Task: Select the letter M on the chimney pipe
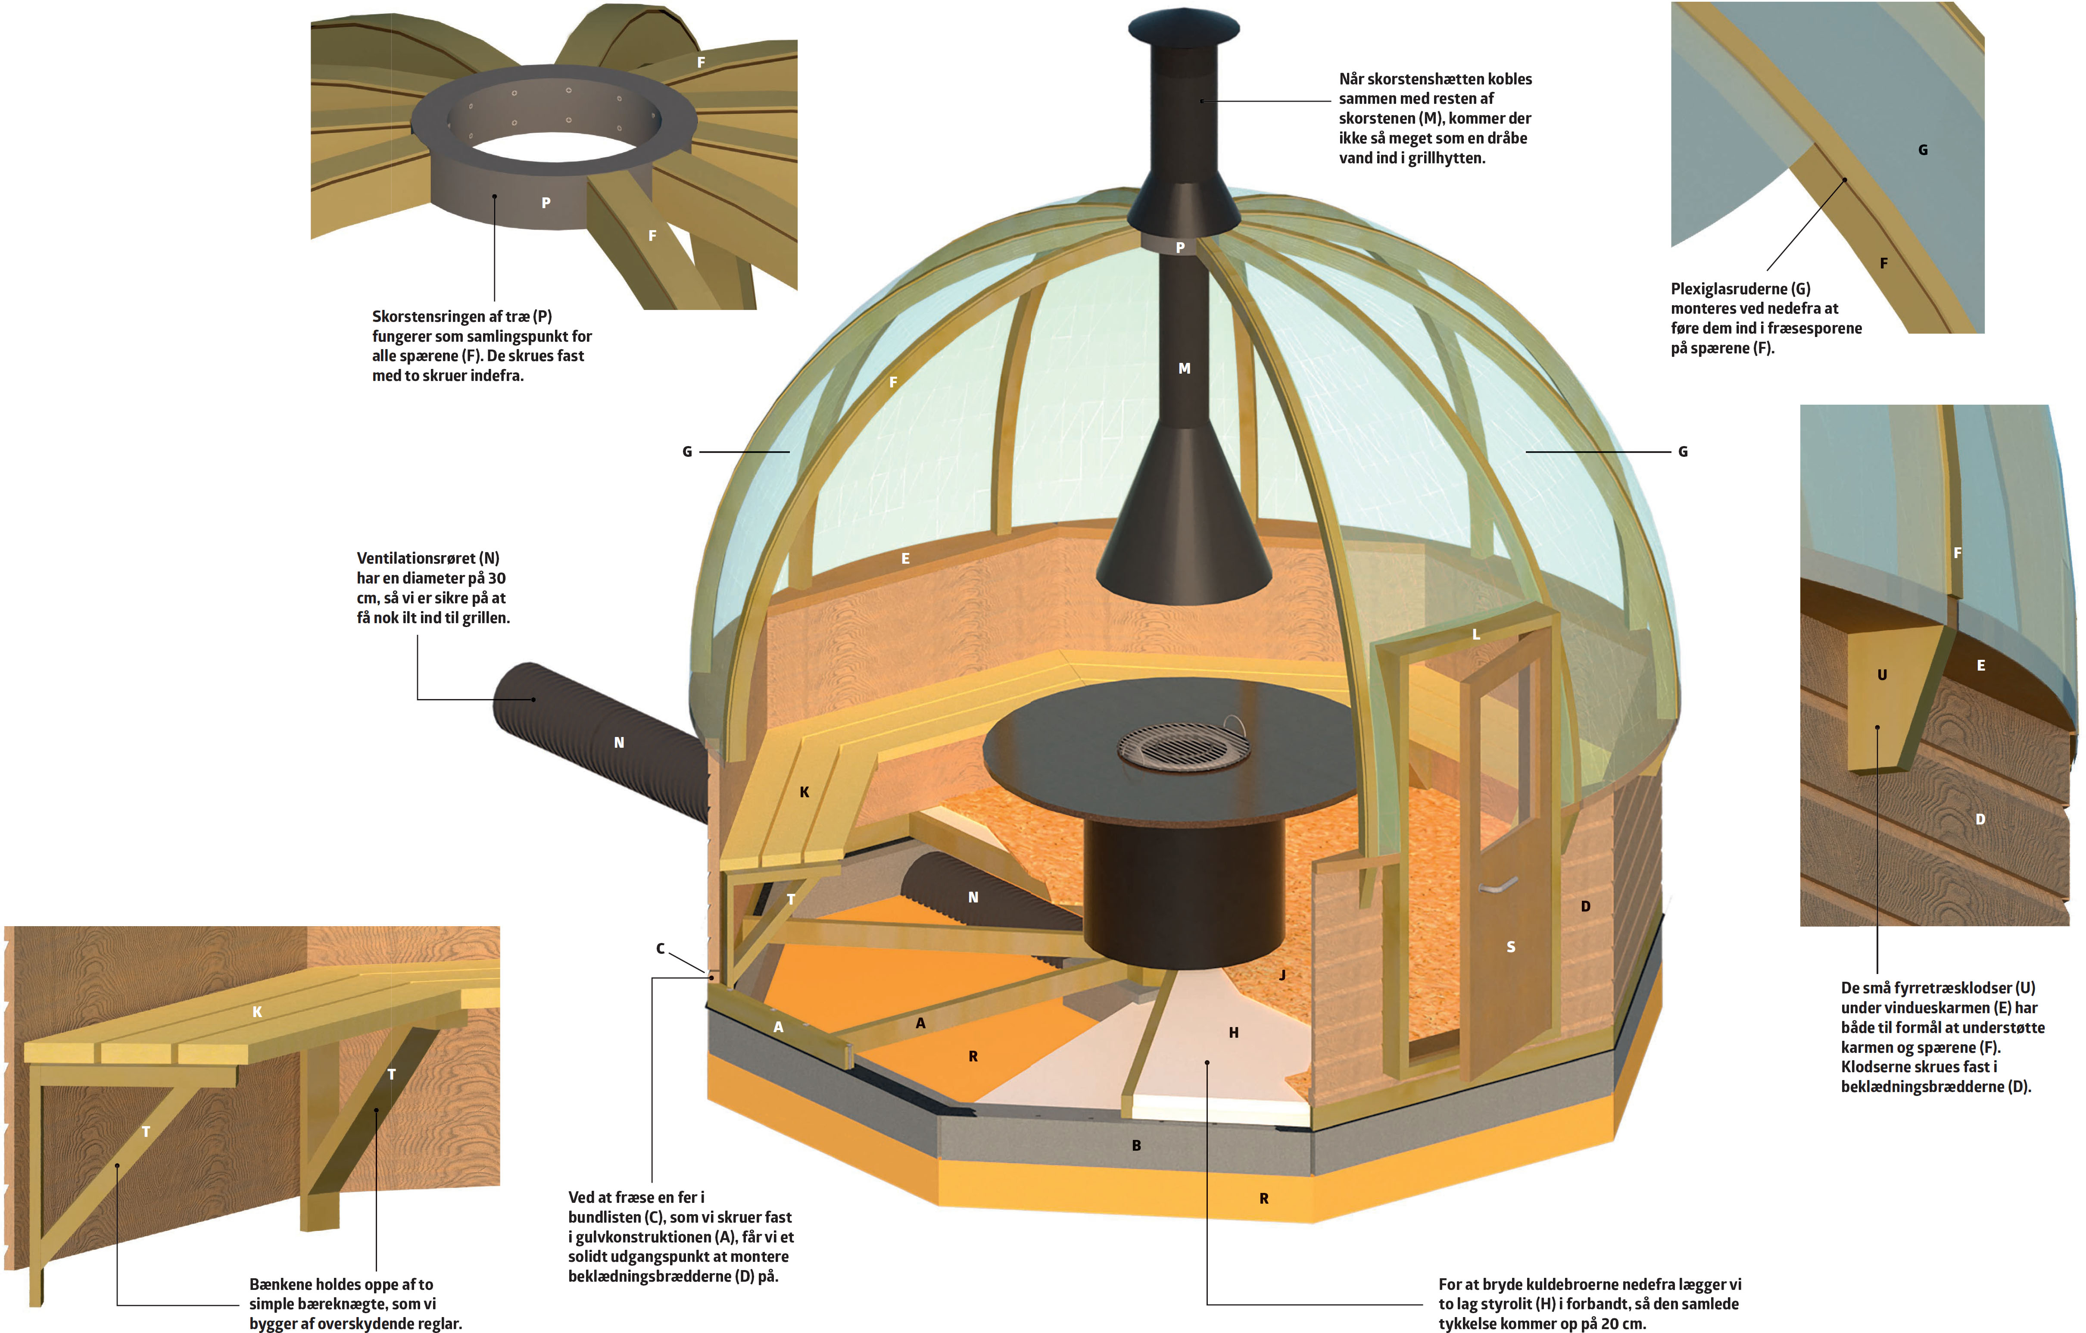1184,368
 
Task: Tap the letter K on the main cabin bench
804,792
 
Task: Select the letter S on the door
1511,947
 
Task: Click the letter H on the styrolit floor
1234,1033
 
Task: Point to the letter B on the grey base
1137,1145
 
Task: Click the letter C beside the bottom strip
660,949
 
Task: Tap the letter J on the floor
1282,974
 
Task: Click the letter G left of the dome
687,451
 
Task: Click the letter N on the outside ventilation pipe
618,742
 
